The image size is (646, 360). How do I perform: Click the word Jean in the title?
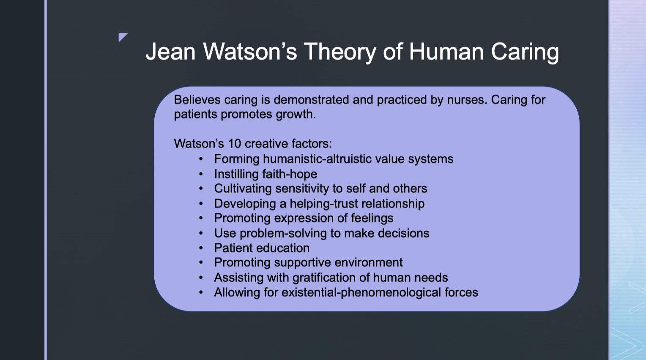tap(171, 52)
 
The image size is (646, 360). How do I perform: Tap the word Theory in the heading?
tap(340, 52)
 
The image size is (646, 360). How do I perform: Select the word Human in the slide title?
tap(446, 52)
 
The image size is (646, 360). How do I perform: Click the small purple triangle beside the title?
tap(123, 37)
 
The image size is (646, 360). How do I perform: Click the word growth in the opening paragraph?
tap(296, 115)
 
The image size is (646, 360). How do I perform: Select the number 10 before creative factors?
tap(235, 144)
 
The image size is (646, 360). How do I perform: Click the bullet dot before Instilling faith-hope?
tap(201, 174)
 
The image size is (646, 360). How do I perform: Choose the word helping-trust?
tap(324, 204)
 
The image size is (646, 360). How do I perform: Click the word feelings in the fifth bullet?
tap(372, 218)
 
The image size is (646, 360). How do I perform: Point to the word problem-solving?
tap(283, 233)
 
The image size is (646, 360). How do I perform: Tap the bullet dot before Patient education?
tap(201, 248)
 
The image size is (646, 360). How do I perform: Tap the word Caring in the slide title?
tap(525, 52)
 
